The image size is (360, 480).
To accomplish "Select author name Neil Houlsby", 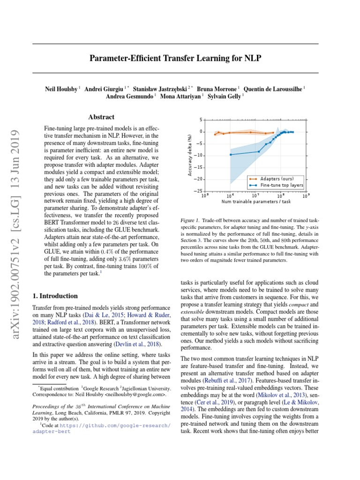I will [x=62, y=88].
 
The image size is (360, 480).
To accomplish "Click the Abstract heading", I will [x=101, y=117].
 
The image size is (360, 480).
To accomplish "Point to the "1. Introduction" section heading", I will [x=55, y=296].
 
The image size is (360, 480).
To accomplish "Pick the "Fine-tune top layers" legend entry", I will [x=282, y=185].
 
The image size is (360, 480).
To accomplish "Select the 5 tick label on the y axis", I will [x=201, y=120].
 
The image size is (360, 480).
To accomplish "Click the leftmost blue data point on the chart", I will [x=231, y=155].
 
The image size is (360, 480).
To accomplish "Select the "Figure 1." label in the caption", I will [x=190, y=220].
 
